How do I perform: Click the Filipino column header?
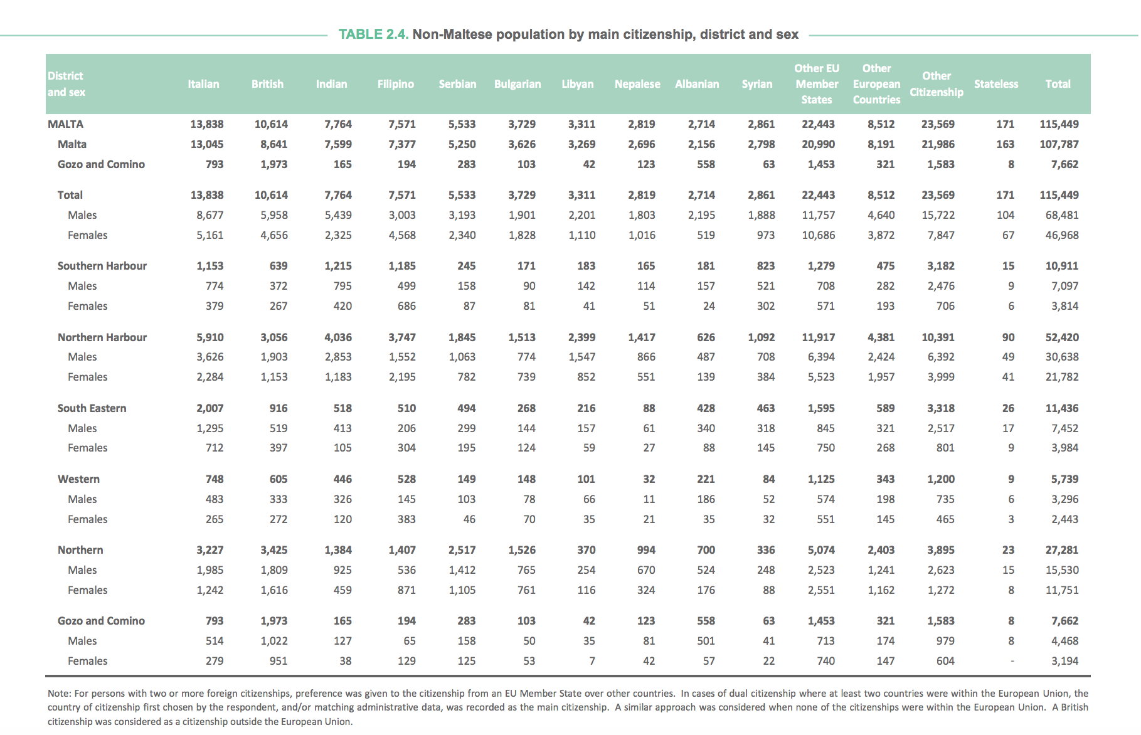pyautogui.click(x=396, y=84)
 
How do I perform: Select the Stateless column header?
pyautogui.click(x=996, y=84)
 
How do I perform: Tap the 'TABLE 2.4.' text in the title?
pyautogui.click(x=374, y=34)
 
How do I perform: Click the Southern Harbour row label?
pyautogui.click(x=102, y=266)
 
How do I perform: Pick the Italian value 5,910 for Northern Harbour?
pyautogui.click(x=210, y=337)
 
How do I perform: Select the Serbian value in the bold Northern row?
pyautogui.click(x=462, y=550)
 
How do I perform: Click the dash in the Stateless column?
pyautogui.click(x=1012, y=661)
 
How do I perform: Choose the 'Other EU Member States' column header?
pyautogui.click(x=817, y=84)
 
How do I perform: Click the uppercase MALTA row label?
pyautogui.click(x=66, y=124)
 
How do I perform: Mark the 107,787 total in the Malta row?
pyautogui.click(x=1059, y=144)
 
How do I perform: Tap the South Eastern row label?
pyautogui.click(x=92, y=408)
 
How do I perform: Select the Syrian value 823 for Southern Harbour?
pyautogui.click(x=766, y=266)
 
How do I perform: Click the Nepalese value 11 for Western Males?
pyautogui.click(x=649, y=499)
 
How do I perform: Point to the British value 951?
pyautogui.click(x=279, y=661)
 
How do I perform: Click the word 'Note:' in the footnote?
pyautogui.click(x=60, y=694)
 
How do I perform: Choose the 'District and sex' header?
pyautogui.click(x=66, y=84)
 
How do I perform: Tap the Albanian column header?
pyautogui.click(x=698, y=84)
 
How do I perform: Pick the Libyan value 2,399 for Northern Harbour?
pyautogui.click(x=582, y=337)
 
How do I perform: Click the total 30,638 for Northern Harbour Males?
pyautogui.click(x=1062, y=357)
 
